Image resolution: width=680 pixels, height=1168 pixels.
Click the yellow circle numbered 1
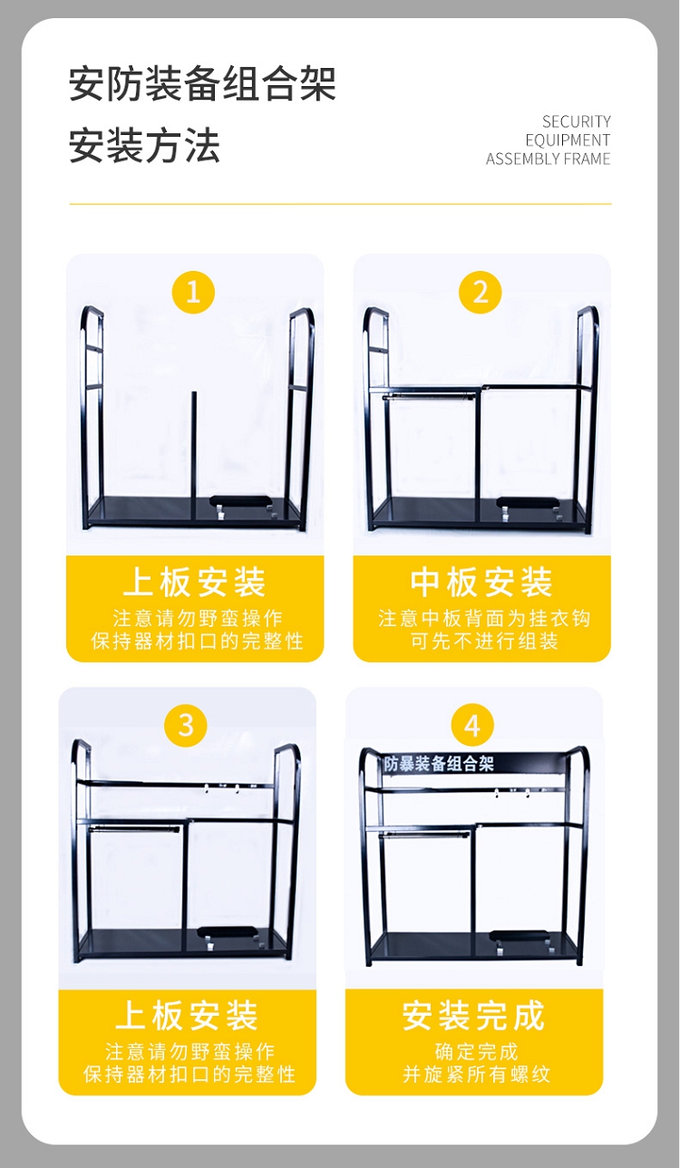[193, 292]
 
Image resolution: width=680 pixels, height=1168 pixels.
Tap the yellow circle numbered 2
[481, 292]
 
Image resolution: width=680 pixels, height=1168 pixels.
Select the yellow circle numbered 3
[186, 725]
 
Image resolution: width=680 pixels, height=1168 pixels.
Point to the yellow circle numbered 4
[472, 725]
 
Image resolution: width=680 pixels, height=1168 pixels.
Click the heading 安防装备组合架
[202, 83]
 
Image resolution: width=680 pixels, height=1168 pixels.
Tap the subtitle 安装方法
[144, 146]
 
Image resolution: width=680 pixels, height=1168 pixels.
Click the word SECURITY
[576, 121]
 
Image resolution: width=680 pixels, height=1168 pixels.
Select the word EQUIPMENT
[568, 140]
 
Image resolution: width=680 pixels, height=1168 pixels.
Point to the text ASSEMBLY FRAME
[548, 159]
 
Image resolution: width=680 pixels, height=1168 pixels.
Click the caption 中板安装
[481, 582]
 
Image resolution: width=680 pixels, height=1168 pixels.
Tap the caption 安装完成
[473, 1015]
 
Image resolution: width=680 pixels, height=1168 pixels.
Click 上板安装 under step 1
[195, 582]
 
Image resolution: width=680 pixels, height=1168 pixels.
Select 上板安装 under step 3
[187, 1015]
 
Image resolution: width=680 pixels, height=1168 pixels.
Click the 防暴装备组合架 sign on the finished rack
[439, 764]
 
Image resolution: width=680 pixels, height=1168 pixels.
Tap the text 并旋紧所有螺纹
[477, 1074]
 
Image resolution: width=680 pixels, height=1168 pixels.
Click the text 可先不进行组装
[484, 641]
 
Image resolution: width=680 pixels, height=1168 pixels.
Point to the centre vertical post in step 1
[194, 458]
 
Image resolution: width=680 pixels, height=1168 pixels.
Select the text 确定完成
[477, 1052]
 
